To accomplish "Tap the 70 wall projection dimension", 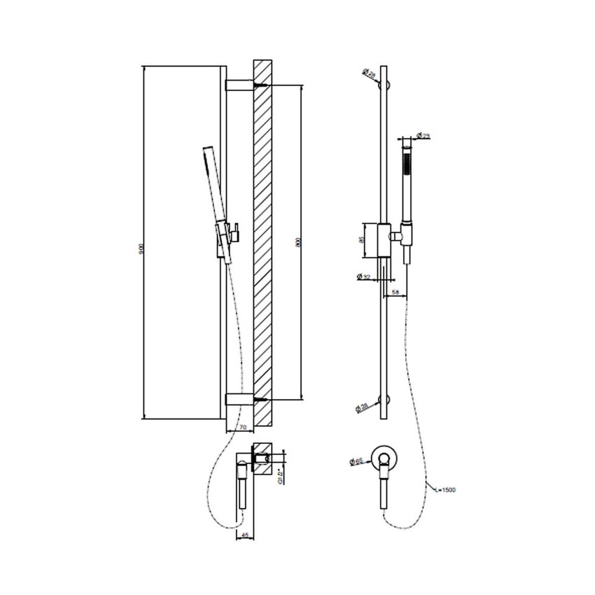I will pyautogui.click(x=242, y=426).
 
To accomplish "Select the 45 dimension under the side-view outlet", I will pyautogui.click(x=243, y=535).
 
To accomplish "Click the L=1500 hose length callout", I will pyautogui.click(x=444, y=490).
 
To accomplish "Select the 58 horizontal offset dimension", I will pyautogui.click(x=396, y=292).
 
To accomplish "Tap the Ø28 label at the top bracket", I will pyautogui.click(x=368, y=73).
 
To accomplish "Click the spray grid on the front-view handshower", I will pyautogui.click(x=405, y=167).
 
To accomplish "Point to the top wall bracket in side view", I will pyautogui.click(x=239, y=85).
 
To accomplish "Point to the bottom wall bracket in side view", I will pyautogui.click(x=239, y=400).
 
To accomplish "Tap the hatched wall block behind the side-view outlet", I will pyautogui.click(x=264, y=461).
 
